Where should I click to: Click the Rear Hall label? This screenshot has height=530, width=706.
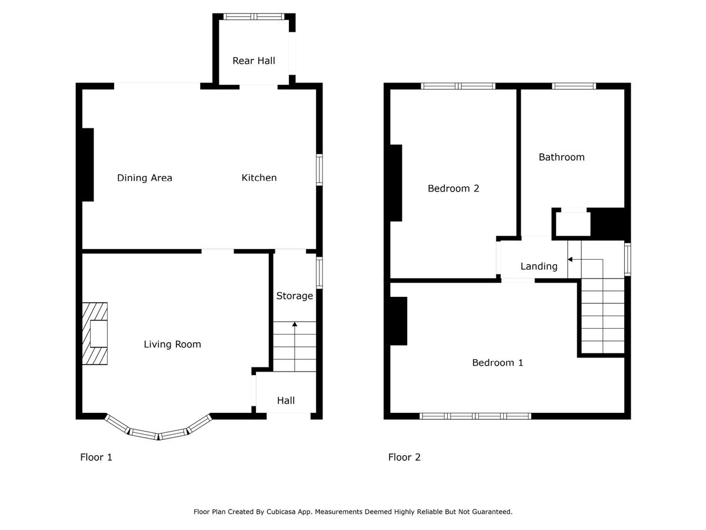tap(254, 61)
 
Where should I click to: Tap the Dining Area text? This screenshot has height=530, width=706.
tap(144, 178)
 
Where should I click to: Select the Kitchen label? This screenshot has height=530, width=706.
tap(259, 177)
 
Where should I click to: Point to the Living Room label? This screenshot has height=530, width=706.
tap(172, 344)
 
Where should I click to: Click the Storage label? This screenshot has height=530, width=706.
tap(294, 296)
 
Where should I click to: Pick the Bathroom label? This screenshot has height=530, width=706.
tap(561, 157)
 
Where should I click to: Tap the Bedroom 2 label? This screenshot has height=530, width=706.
tap(453, 188)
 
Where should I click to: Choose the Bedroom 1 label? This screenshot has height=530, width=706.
tap(497, 363)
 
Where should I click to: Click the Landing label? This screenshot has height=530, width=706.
tap(539, 266)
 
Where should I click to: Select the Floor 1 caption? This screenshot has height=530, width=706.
tap(96, 457)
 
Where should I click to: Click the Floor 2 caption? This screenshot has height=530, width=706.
tap(404, 457)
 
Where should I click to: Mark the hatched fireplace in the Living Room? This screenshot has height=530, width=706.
tap(95, 333)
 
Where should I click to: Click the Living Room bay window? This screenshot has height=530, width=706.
tap(158, 435)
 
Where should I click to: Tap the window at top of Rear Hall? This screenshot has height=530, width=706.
tap(254, 16)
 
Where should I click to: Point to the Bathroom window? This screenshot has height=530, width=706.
tap(574, 86)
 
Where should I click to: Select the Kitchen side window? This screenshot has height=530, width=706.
tap(319, 170)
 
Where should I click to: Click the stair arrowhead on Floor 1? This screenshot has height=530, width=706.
tap(294, 324)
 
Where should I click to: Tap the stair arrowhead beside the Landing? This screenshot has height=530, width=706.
tap(570, 259)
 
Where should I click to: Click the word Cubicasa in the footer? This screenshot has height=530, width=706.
tap(281, 512)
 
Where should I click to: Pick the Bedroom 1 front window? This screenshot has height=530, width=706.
tap(475, 416)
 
